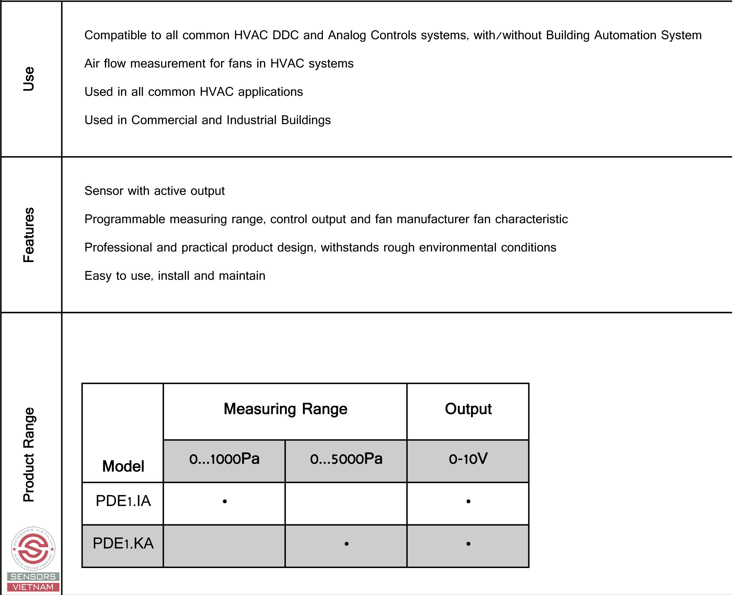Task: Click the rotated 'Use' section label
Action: tap(29, 79)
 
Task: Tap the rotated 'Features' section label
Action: tap(29, 235)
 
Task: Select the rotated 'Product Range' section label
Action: tap(29, 454)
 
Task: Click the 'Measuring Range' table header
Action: tap(285, 409)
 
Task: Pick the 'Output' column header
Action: tap(468, 409)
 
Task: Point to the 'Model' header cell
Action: tap(123, 466)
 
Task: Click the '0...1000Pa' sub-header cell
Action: tap(224, 459)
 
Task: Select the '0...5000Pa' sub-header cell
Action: tap(346, 459)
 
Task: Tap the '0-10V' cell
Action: tap(468, 459)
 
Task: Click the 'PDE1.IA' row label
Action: tap(123, 501)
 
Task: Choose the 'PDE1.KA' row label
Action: tap(123, 544)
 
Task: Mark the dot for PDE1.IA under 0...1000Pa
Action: tap(225, 501)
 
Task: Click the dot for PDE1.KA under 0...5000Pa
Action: tap(347, 544)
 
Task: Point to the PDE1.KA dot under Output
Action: tap(468, 544)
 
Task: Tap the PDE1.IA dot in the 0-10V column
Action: tap(468, 501)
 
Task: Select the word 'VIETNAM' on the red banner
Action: tap(33, 587)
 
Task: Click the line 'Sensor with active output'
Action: tap(154, 191)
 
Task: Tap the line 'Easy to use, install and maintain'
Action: tap(175, 276)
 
